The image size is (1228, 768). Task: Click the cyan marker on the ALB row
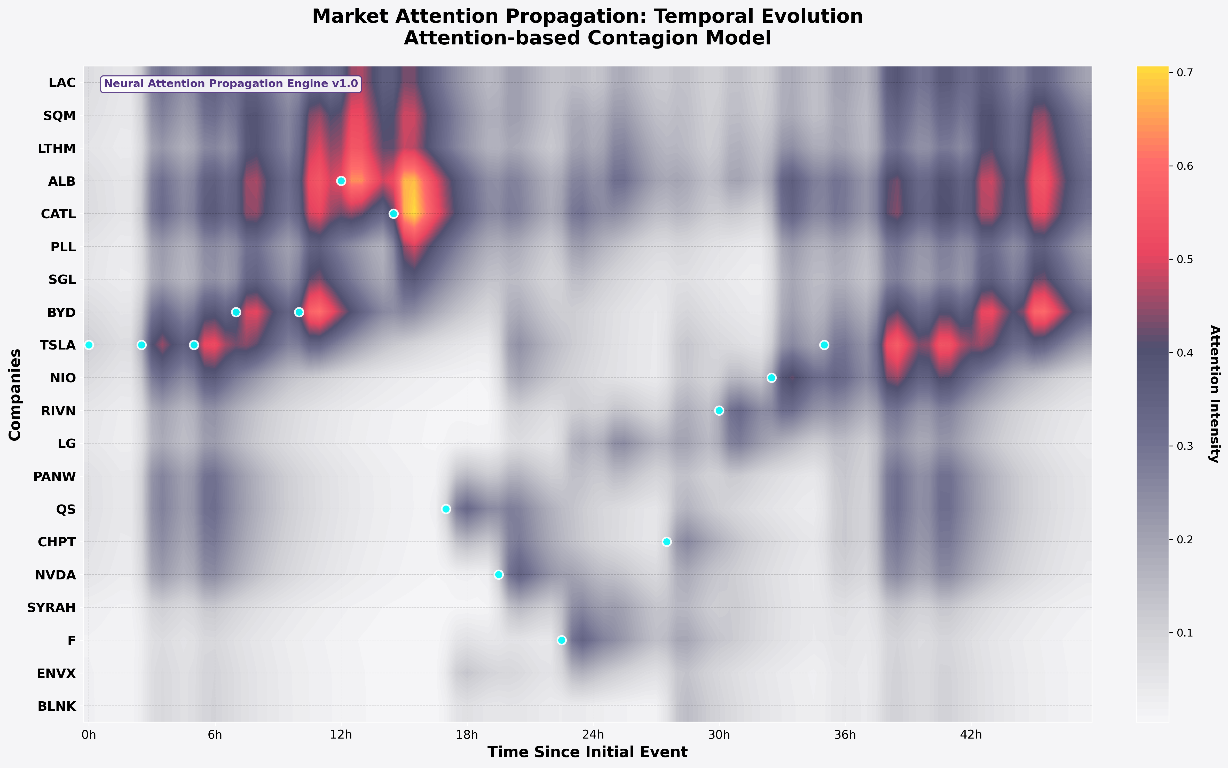[341, 181]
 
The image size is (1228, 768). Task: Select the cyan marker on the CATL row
[393, 214]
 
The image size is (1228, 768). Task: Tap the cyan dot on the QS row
[446, 509]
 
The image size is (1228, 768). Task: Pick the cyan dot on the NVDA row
[499, 575]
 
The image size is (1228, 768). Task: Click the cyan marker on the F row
[562, 640]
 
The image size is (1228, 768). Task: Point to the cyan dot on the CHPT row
[666, 542]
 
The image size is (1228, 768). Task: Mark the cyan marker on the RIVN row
[719, 410]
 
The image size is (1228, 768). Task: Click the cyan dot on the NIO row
[772, 377]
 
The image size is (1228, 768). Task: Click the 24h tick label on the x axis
[593, 734]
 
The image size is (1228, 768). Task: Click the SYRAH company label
[51, 608]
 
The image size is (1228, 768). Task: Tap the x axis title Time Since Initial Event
[587, 752]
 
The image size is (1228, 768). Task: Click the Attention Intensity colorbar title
[1214, 394]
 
